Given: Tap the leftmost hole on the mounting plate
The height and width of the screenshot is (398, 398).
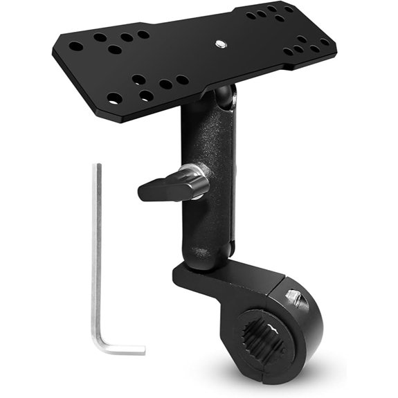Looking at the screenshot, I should (x=75, y=46).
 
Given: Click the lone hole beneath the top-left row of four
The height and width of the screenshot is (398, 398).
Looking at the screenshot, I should (x=114, y=50).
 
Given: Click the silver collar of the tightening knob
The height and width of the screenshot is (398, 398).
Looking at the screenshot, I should (x=199, y=182).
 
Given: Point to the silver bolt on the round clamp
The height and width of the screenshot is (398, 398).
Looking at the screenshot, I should (x=293, y=298).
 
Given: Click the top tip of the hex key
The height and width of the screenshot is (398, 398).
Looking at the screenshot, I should (x=98, y=166).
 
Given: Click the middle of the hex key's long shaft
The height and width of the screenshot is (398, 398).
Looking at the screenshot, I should (x=96, y=256).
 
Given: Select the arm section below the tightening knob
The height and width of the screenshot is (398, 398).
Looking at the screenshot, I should (x=205, y=221).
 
